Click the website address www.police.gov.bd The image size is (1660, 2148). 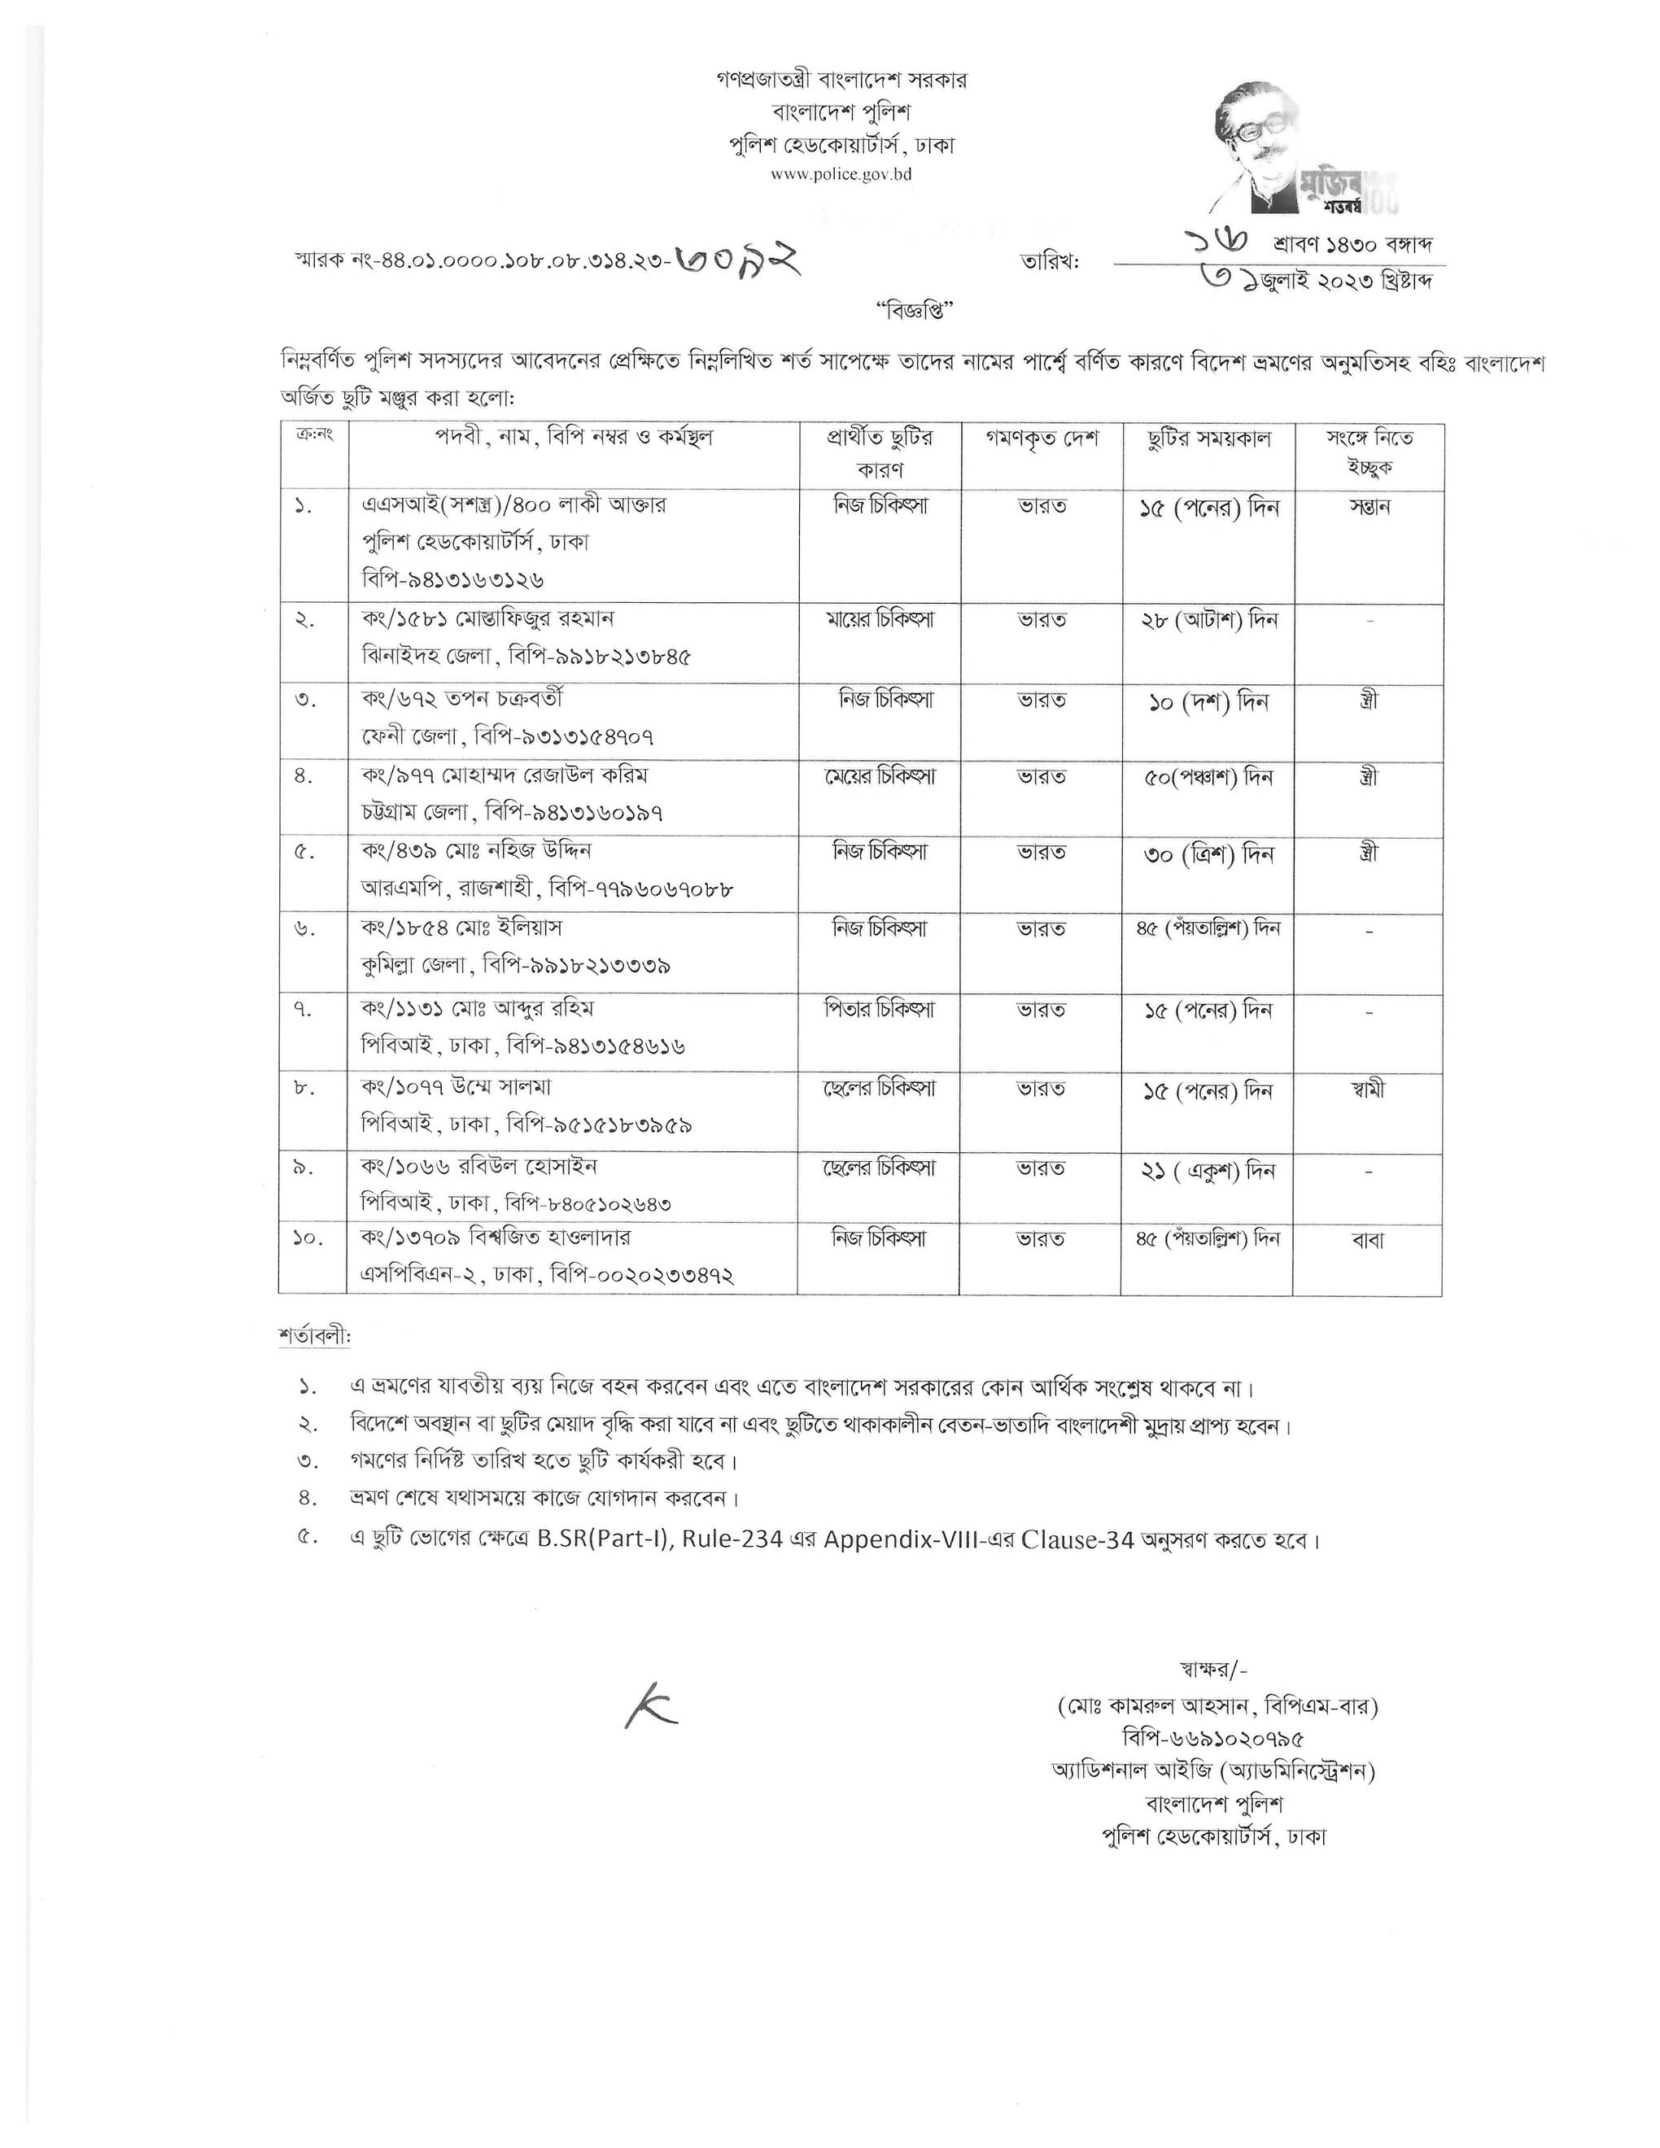coord(841,174)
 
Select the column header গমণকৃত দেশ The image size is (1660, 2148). coord(1042,439)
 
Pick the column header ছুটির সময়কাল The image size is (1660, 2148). coord(1208,439)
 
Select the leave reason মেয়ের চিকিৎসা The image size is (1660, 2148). coord(879,776)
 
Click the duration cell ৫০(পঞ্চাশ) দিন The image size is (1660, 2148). coord(1208,777)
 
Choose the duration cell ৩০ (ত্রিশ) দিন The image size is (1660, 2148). coord(1208,854)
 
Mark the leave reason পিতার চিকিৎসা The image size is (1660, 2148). coord(879,1009)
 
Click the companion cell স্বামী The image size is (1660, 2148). coord(1368,1089)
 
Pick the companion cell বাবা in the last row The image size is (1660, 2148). coord(1368,1241)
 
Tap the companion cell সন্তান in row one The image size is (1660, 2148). coord(1369,508)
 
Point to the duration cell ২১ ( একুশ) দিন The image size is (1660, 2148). coord(1208,1170)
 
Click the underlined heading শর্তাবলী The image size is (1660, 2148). coord(314,1337)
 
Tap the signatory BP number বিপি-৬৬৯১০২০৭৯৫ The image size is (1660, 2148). coord(1212,1739)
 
